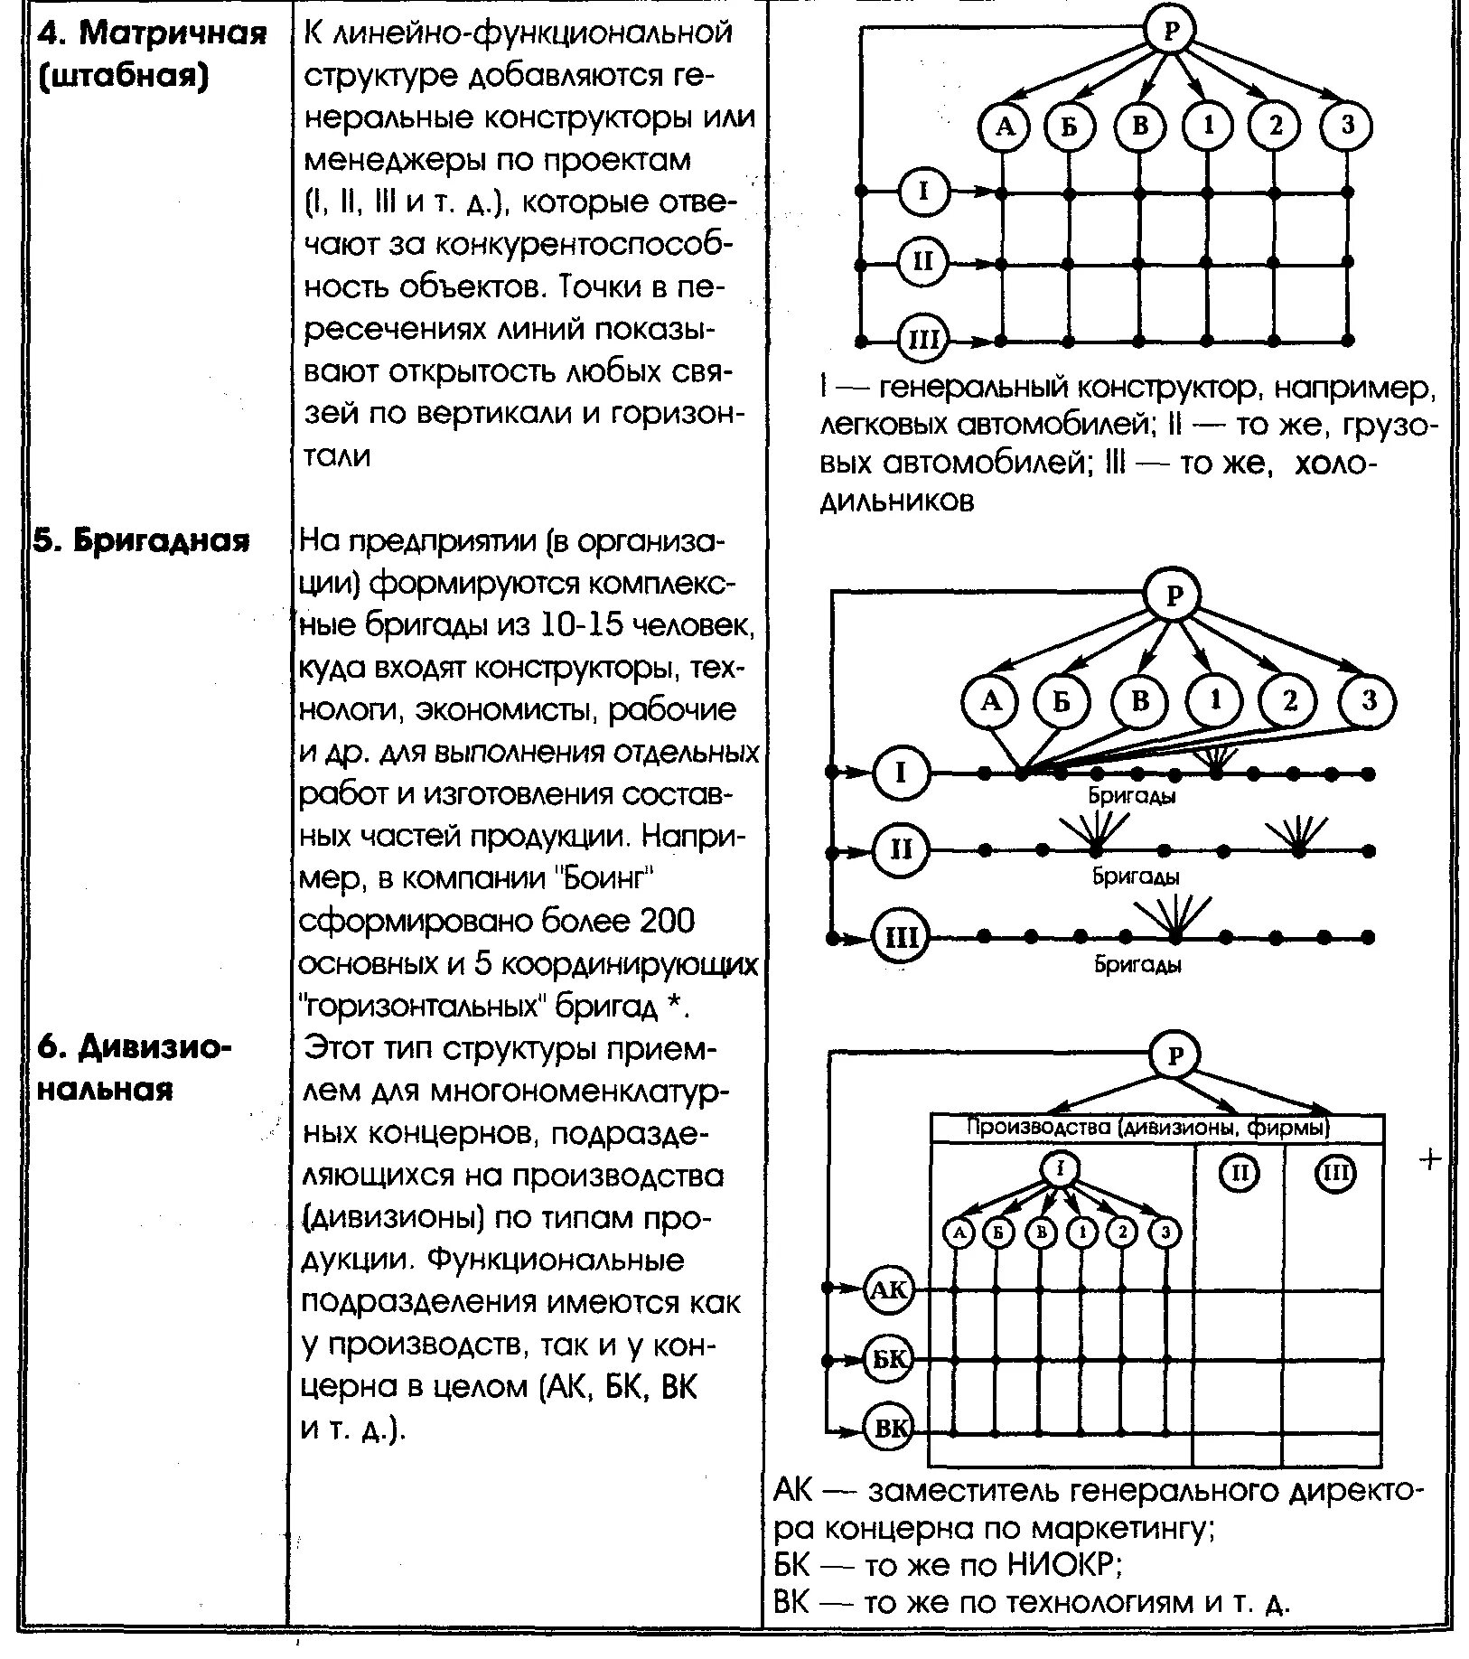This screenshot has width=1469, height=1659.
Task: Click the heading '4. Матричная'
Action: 152,33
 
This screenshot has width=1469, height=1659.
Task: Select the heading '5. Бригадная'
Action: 141,540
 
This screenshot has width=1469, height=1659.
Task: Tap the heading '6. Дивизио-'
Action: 136,1048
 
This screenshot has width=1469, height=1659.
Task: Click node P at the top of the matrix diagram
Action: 1170,32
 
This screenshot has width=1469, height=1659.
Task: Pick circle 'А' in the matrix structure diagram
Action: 1005,127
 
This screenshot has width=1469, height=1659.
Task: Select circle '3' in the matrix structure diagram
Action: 1347,126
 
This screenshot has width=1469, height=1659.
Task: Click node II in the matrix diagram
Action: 922,262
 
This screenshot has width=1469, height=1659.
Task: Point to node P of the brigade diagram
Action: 1174,595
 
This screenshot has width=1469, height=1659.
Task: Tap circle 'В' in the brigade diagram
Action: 1140,701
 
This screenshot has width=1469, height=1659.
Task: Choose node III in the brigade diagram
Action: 900,936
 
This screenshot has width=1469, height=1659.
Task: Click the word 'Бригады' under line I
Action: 1132,796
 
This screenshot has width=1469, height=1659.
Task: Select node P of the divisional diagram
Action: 1175,1056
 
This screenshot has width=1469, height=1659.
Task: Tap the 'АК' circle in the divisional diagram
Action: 890,1289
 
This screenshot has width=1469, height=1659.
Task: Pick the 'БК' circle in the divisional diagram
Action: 890,1360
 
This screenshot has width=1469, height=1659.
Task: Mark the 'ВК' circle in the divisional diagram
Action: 890,1429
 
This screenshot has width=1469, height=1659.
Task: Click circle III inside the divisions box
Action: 1334,1173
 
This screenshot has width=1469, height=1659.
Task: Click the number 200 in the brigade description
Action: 665,922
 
